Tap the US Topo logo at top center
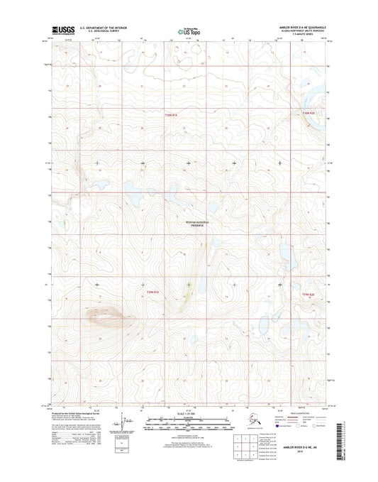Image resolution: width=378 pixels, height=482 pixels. click(x=188, y=32)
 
